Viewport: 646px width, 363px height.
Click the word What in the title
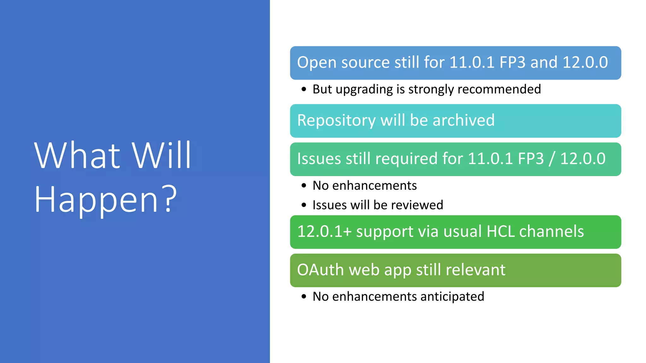pos(77,156)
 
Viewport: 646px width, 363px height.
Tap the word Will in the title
pos(161,156)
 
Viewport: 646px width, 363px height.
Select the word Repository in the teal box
pos(336,121)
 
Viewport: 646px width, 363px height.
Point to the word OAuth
pos(320,270)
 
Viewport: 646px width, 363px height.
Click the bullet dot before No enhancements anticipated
pos(304,297)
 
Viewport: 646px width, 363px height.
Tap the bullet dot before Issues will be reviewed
pos(304,205)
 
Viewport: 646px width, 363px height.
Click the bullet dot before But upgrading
pos(304,89)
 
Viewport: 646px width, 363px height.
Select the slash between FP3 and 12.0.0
pos(552,159)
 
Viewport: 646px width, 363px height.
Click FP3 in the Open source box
pos(513,62)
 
